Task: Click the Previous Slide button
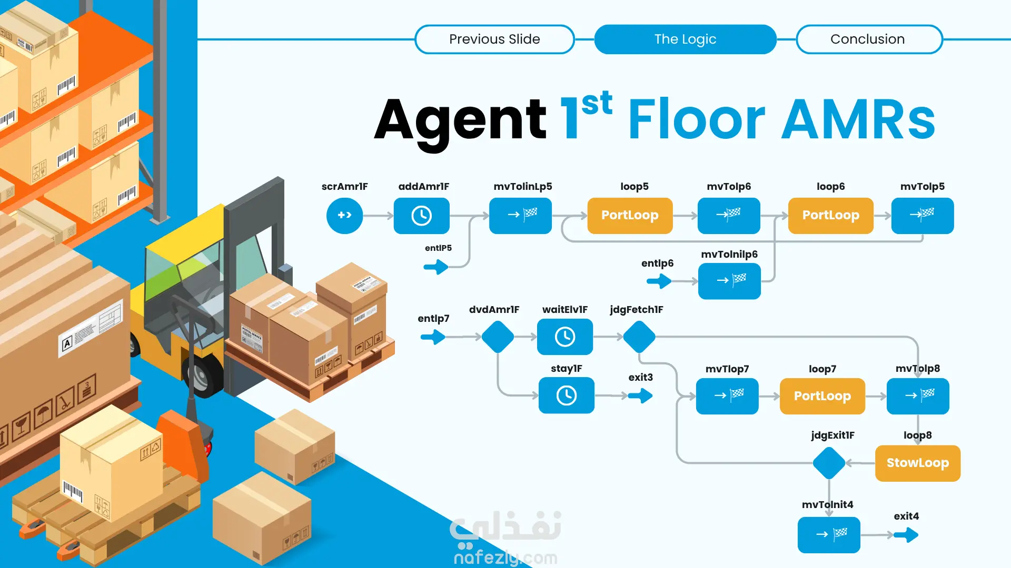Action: [x=494, y=39]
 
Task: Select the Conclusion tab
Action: [x=869, y=39]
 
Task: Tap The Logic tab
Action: [x=685, y=39]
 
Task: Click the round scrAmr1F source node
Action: [x=344, y=216]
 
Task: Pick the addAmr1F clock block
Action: [x=421, y=216]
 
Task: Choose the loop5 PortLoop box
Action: [x=630, y=216]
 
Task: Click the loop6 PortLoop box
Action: [x=830, y=216]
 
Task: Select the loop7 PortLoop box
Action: [x=822, y=396]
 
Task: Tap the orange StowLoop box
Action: [x=917, y=463]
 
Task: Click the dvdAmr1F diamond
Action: [x=498, y=337]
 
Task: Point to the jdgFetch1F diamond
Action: [x=639, y=337]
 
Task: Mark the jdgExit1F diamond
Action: [x=829, y=463]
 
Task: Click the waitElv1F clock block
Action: [x=564, y=337]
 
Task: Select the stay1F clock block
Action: [x=566, y=395]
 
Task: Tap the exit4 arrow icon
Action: [x=906, y=535]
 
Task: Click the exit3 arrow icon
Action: [x=640, y=395]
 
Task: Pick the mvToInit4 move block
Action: [x=829, y=535]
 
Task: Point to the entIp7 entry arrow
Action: [x=433, y=337]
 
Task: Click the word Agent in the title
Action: [x=460, y=120]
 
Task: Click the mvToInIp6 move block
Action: [x=729, y=281]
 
